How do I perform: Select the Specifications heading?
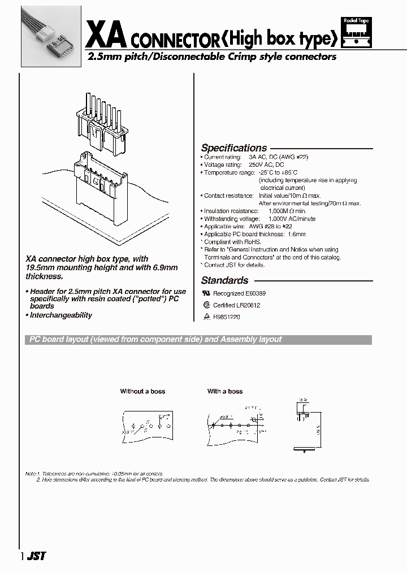tap(234, 148)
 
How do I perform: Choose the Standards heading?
tap(224, 280)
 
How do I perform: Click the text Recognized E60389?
tap(239, 294)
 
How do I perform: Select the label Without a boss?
tap(142, 391)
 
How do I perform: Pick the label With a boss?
tap(225, 391)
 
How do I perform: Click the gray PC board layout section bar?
tap(198, 340)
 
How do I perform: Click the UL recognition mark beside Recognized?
tap(206, 294)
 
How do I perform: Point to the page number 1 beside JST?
tap(22, 556)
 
